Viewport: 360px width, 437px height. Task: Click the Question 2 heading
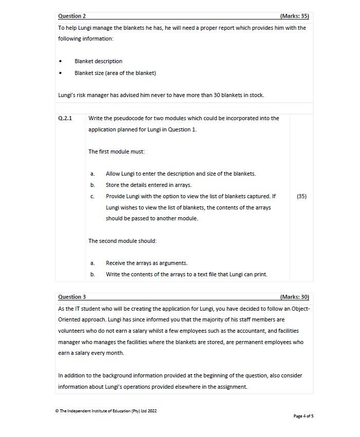click(72, 16)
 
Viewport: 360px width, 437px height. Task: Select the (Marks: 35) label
click(294, 16)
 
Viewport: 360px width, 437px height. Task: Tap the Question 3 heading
click(72, 297)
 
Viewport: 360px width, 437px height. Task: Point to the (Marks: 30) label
click(294, 297)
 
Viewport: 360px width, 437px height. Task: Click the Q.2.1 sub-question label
click(65, 118)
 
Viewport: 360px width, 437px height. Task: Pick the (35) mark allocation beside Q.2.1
click(301, 196)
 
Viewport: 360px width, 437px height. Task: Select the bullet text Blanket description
click(98, 61)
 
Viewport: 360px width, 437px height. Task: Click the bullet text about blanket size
click(115, 73)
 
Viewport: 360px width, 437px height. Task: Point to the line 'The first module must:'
click(117, 151)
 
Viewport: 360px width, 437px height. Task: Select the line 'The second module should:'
click(122, 241)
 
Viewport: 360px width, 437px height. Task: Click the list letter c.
click(92, 196)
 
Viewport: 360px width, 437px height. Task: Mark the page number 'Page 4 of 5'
click(303, 416)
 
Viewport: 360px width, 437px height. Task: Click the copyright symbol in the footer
click(57, 411)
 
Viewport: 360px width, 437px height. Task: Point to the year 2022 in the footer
click(151, 411)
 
